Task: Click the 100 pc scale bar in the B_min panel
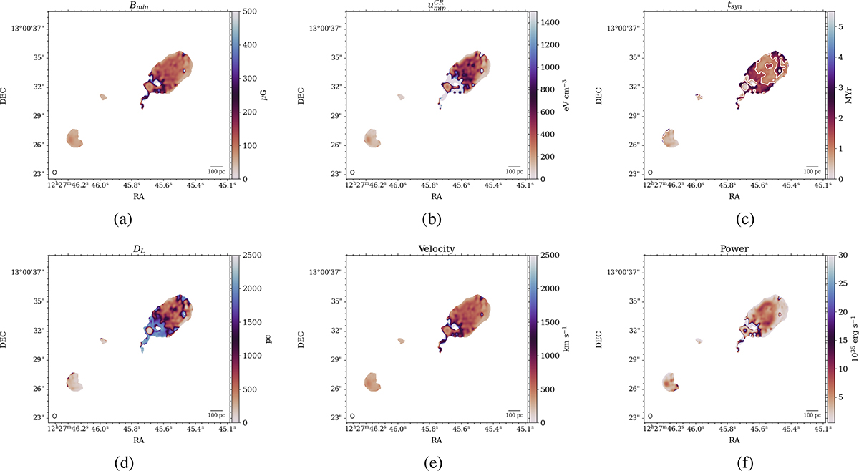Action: click(216, 170)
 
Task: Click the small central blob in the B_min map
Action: click(103, 97)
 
